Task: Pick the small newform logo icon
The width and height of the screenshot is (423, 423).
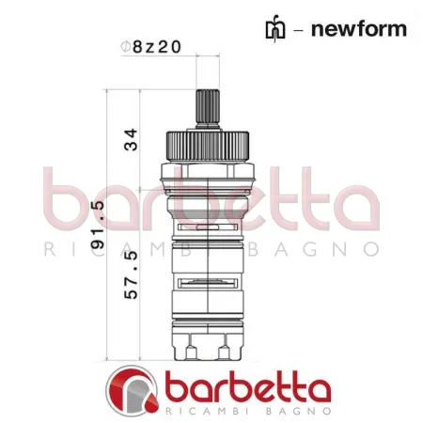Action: click(274, 27)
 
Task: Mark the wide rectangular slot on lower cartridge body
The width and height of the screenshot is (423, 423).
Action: click(205, 281)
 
